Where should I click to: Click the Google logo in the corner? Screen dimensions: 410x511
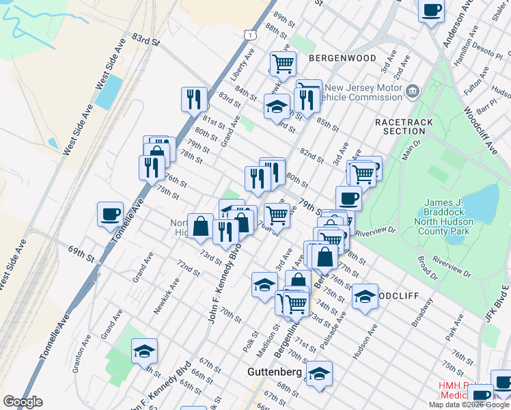(x=23, y=402)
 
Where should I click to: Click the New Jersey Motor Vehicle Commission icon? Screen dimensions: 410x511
(x=413, y=91)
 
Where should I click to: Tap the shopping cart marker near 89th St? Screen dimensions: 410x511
(x=283, y=64)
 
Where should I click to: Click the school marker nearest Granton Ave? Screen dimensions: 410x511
(x=144, y=351)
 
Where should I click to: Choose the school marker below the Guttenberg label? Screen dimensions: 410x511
(x=319, y=374)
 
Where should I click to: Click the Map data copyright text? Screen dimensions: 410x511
(x=469, y=404)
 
